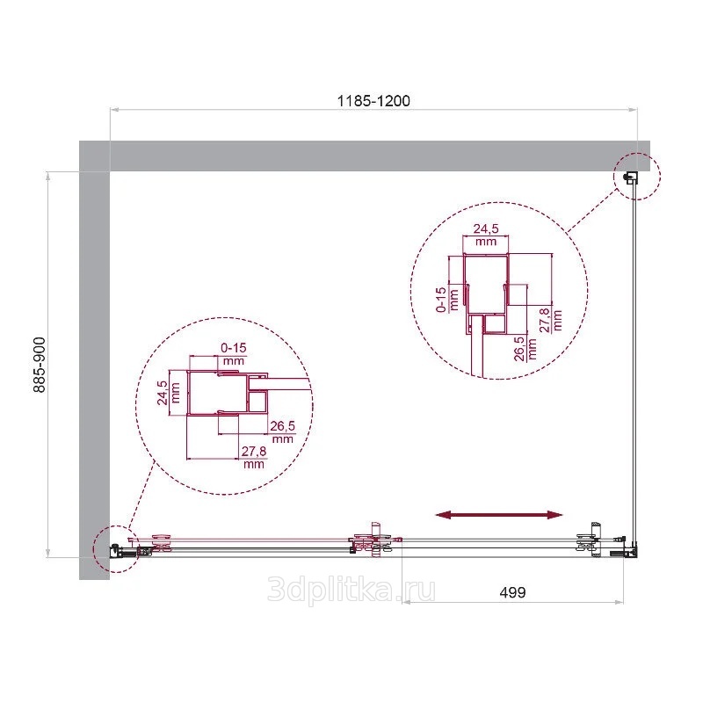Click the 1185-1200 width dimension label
click(373, 101)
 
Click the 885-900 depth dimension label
click(40, 365)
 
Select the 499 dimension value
click(512, 592)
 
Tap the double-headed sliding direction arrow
click(498, 515)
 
